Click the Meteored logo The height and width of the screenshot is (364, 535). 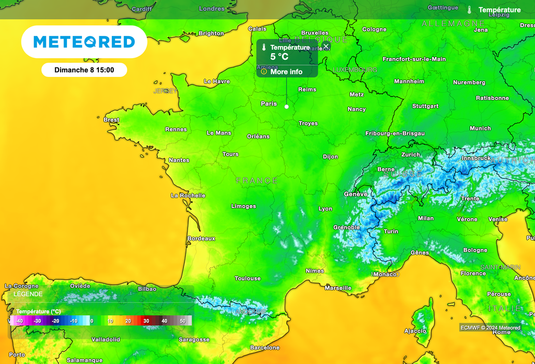coord(84,42)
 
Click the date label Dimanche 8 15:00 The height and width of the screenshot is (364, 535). coord(84,70)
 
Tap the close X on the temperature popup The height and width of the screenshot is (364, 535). coord(326,47)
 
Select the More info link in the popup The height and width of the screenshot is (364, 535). coord(286,72)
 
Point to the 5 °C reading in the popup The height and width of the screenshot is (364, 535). coord(280,56)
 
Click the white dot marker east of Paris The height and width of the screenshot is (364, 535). coord(286,106)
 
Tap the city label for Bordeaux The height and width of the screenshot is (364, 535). coord(201,238)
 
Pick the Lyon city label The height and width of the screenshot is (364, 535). coord(325,209)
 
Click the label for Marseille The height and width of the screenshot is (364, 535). coord(338,288)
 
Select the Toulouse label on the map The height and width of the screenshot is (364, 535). coord(248,279)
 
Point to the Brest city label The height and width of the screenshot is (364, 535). coord(111,120)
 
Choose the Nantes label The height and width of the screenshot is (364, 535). coord(179,161)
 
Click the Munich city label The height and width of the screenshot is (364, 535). coord(480,129)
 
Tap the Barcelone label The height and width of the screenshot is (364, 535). coord(265,348)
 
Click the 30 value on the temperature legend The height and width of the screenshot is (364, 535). coord(146,321)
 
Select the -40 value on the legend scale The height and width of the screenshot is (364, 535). coord(19,321)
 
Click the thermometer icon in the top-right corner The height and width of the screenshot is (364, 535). coord(470,10)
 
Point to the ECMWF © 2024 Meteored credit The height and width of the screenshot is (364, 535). coord(490,328)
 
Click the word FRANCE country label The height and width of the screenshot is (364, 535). coord(257,180)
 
